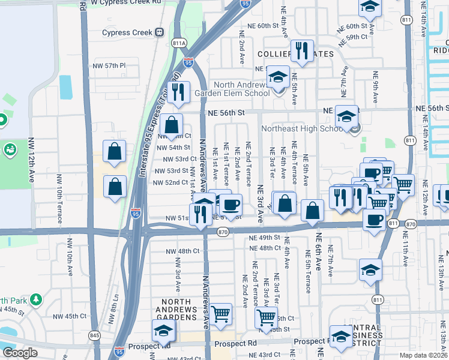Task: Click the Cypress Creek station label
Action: tap(127, 32)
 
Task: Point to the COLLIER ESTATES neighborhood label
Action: tap(295, 54)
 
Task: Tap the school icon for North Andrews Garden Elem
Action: tap(278, 79)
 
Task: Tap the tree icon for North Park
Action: tap(37, 299)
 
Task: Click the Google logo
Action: tap(19, 353)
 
